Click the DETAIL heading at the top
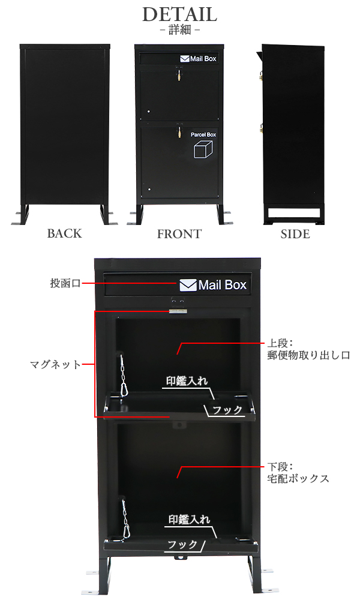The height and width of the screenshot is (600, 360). coord(179,14)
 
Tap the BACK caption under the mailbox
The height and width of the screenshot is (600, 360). coord(64,233)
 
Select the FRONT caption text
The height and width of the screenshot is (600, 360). coord(179,234)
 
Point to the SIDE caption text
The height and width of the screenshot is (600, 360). coord(295,234)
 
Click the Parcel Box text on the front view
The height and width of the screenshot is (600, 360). coord(203,134)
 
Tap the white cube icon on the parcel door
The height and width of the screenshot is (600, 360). coord(203,149)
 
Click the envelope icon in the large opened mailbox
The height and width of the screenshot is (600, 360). coord(188,285)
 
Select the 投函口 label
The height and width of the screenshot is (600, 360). coord(65,283)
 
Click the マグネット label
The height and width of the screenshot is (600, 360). coord(55,364)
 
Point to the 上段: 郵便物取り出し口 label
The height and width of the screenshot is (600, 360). coord(308,349)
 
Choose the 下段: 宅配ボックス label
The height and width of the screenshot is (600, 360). coord(298,473)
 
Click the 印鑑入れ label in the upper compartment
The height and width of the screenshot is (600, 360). coord(187,381)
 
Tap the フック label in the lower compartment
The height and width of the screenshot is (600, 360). coord(182,544)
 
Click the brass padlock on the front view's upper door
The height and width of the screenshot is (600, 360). coord(178,76)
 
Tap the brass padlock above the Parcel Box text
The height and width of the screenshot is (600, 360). coord(178,132)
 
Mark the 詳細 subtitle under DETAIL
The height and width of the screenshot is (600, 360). coord(179,30)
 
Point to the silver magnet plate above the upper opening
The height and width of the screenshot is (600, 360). coord(178,311)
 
